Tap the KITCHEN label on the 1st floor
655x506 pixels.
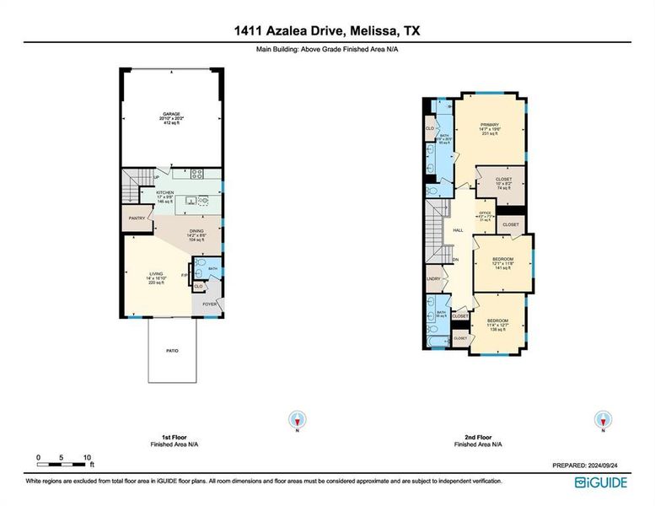point(165,193)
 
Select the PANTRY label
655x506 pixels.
point(136,218)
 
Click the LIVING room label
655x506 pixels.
point(157,274)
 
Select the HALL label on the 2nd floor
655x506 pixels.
point(458,230)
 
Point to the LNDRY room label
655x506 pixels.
point(434,277)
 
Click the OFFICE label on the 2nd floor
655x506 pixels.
point(485,213)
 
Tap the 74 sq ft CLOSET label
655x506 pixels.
point(503,179)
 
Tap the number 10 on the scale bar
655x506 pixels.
point(88,457)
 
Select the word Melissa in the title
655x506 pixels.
point(375,31)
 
